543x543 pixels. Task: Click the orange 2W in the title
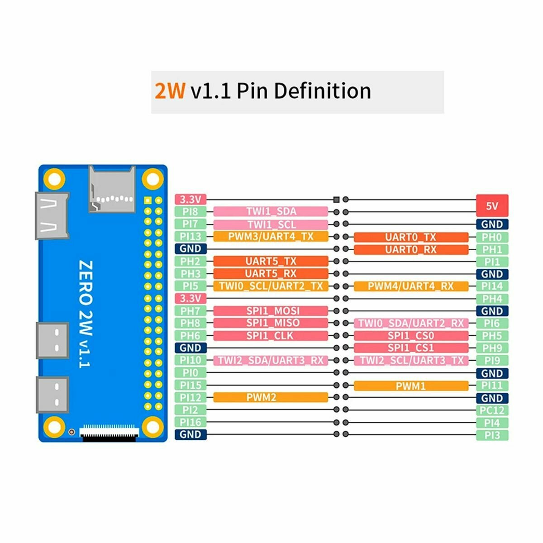pos(170,90)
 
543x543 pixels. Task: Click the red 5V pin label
pos(492,206)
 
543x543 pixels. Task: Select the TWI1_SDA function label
pos(271,211)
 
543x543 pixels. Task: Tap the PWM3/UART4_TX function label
pos(271,236)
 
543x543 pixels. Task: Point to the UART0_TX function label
pos(411,237)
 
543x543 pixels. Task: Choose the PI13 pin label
pos(191,236)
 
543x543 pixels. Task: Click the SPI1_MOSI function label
pos(271,311)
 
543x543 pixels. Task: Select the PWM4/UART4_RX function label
pos(411,286)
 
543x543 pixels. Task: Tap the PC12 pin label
pos(492,410)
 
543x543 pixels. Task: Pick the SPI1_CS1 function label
pos(411,348)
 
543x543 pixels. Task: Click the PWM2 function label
pos(271,397)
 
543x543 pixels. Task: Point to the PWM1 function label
pos(411,386)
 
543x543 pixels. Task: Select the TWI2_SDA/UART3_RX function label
pos(271,360)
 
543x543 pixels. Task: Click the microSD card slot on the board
pos(112,189)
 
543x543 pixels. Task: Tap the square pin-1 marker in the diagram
pos(336,200)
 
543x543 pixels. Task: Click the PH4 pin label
pos(492,299)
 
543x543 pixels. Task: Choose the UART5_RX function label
pos(271,273)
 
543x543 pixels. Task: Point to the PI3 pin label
pos(492,435)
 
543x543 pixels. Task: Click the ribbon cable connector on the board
pos(109,433)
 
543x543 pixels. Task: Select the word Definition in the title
pos(322,90)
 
